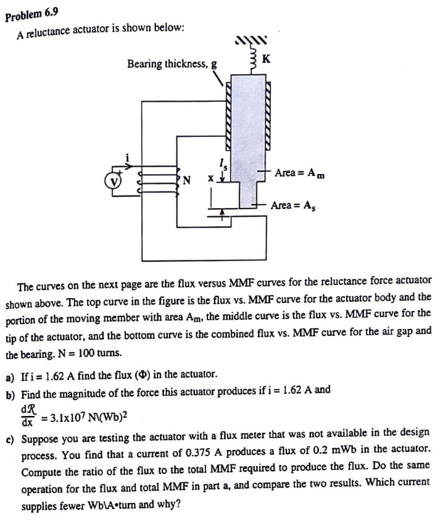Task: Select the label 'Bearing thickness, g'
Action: (x=172, y=64)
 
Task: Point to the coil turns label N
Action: (x=186, y=181)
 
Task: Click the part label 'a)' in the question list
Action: (x=10, y=375)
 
